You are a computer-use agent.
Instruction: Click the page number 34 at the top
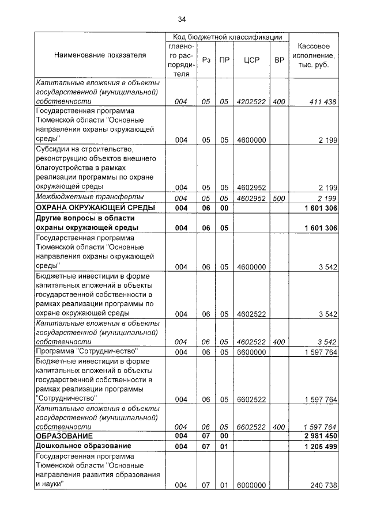(183, 19)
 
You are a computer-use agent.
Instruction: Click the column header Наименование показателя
(100, 55)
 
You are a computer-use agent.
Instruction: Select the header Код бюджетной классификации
(227, 37)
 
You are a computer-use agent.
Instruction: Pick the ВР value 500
(279, 198)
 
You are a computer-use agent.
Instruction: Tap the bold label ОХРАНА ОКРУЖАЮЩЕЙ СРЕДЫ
(95, 207)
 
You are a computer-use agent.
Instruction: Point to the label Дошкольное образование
(83, 446)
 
